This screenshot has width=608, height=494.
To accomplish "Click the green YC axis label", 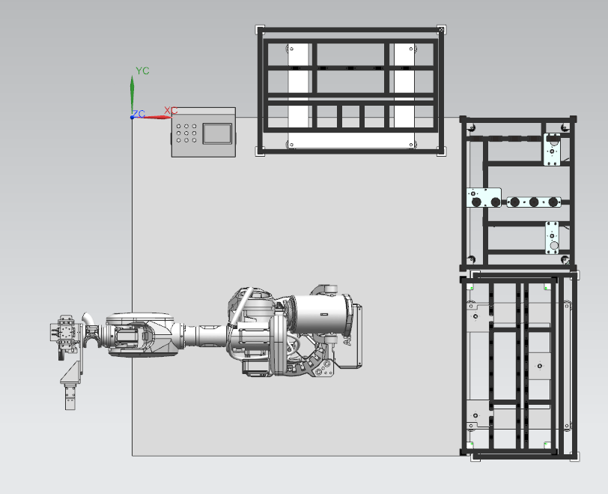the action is (x=142, y=71).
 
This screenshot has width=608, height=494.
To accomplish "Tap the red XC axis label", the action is (x=171, y=111).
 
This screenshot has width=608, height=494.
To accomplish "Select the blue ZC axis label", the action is (x=139, y=114).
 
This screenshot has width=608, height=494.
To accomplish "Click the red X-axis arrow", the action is (x=152, y=117).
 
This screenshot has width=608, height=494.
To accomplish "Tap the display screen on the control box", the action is (x=217, y=133).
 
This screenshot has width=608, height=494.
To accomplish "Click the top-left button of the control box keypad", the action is (x=179, y=126).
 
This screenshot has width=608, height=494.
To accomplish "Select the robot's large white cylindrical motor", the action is (x=319, y=314).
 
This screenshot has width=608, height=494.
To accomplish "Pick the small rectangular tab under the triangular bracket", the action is (x=70, y=397).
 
